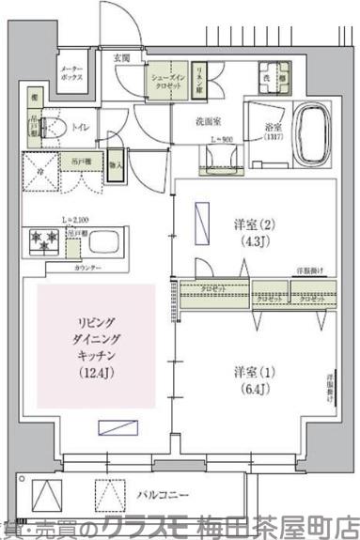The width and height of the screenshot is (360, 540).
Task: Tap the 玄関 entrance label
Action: click(x=123, y=58)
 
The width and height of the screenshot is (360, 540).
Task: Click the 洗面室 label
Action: click(x=208, y=120)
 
